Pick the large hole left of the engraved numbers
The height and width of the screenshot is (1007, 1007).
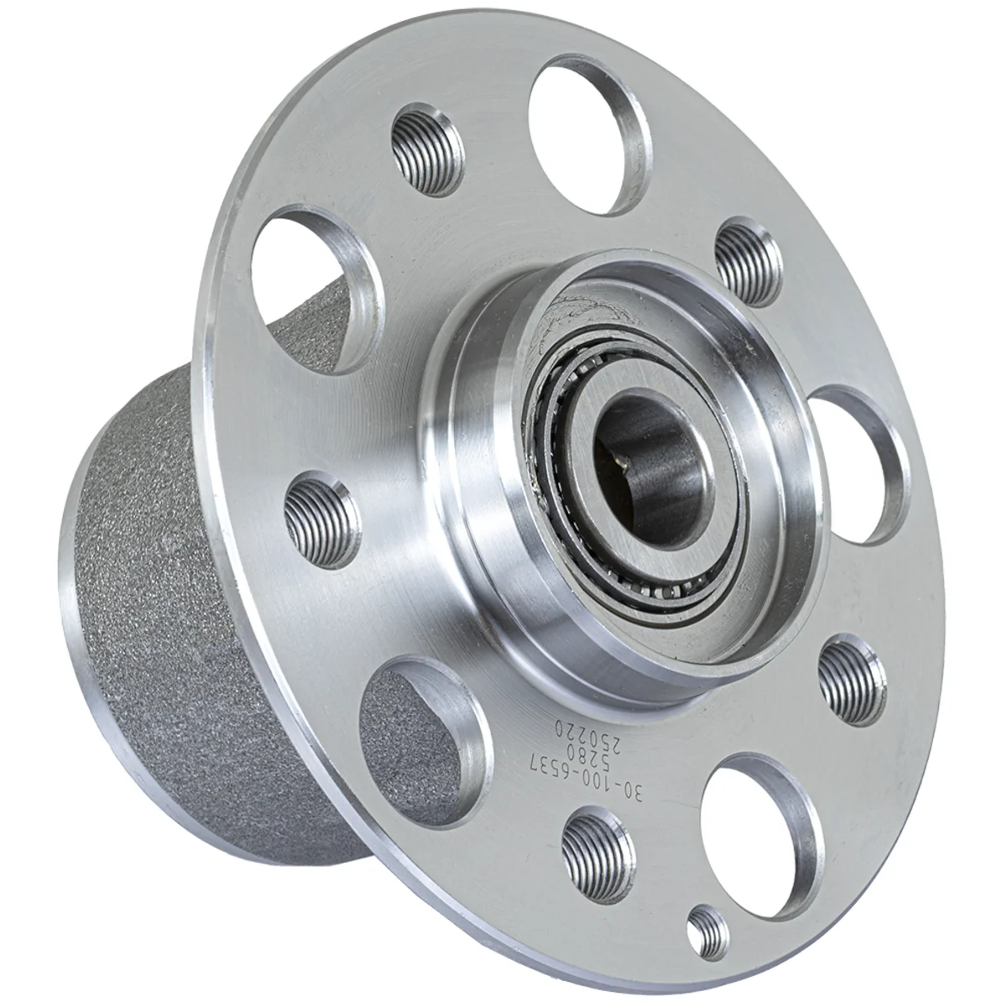coord(424,738)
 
